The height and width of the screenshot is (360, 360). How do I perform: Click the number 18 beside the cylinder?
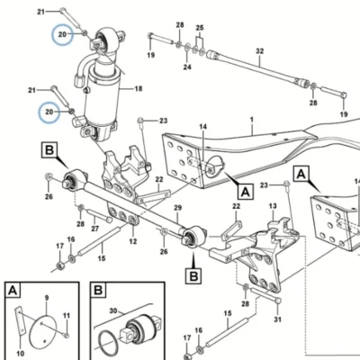coord(139,89)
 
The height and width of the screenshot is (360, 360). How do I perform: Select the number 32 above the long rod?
coord(260,51)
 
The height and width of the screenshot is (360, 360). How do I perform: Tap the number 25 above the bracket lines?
coord(200,28)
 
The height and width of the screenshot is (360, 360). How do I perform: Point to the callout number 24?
coord(187,67)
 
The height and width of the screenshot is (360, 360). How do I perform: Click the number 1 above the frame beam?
coord(252,120)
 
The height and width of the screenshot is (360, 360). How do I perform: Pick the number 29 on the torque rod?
coord(178,208)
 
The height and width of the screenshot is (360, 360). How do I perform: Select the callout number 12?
coord(133,241)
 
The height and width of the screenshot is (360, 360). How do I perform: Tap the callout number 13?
coord(273,206)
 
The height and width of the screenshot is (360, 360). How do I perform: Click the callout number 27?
coord(95,229)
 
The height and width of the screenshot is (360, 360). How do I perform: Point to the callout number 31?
coord(278,319)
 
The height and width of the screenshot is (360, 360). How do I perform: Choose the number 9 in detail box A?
coord(47,298)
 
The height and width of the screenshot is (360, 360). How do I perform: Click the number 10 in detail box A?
coord(21,354)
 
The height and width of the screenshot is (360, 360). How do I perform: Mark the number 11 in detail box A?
coord(67,316)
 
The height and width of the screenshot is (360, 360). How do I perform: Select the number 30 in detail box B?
coord(113,310)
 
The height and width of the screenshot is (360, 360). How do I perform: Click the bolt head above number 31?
coord(278,301)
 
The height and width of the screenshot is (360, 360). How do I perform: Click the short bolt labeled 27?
coord(100,216)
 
